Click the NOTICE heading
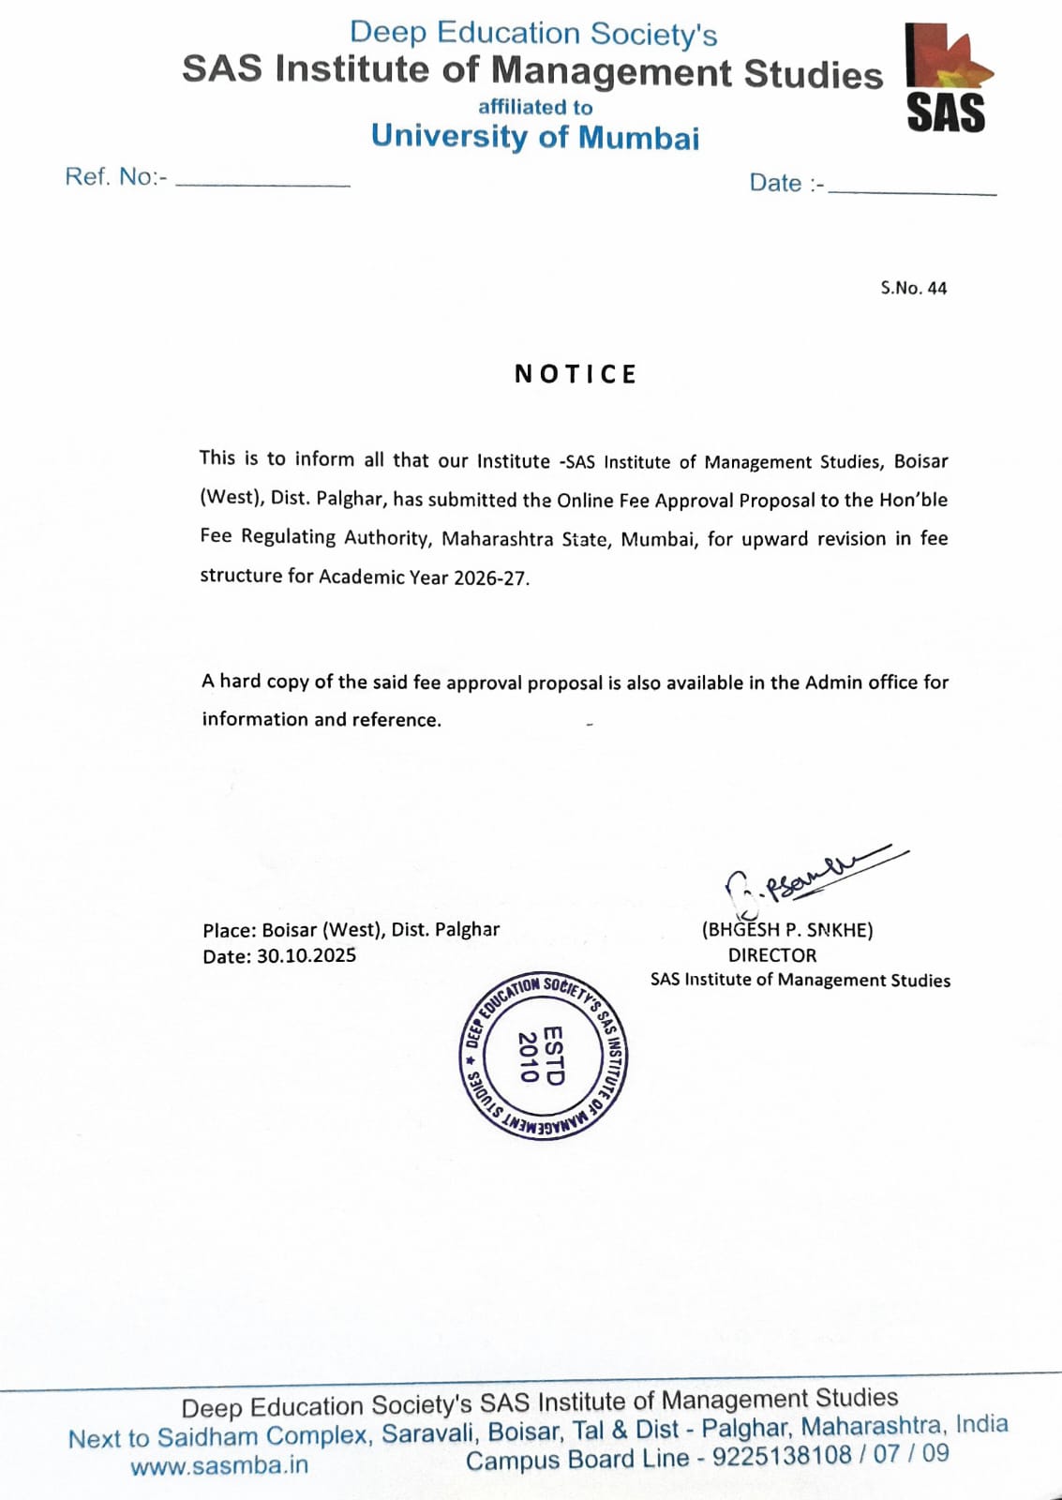pos(576,374)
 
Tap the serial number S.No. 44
pos(913,288)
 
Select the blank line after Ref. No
pos(262,184)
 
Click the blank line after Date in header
pos(912,190)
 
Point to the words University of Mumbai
pos(535,137)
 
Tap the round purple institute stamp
pos(545,1057)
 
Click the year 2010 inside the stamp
pos(529,1057)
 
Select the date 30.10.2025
pos(307,955)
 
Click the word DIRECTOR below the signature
pos(772,955)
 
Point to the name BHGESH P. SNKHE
pos(787,930)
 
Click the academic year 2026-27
pos(489,577)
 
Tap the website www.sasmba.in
pos(219,1465)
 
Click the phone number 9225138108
pos(782,1456)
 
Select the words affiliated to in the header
pos(535,107)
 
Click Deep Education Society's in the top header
pos(533,34)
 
